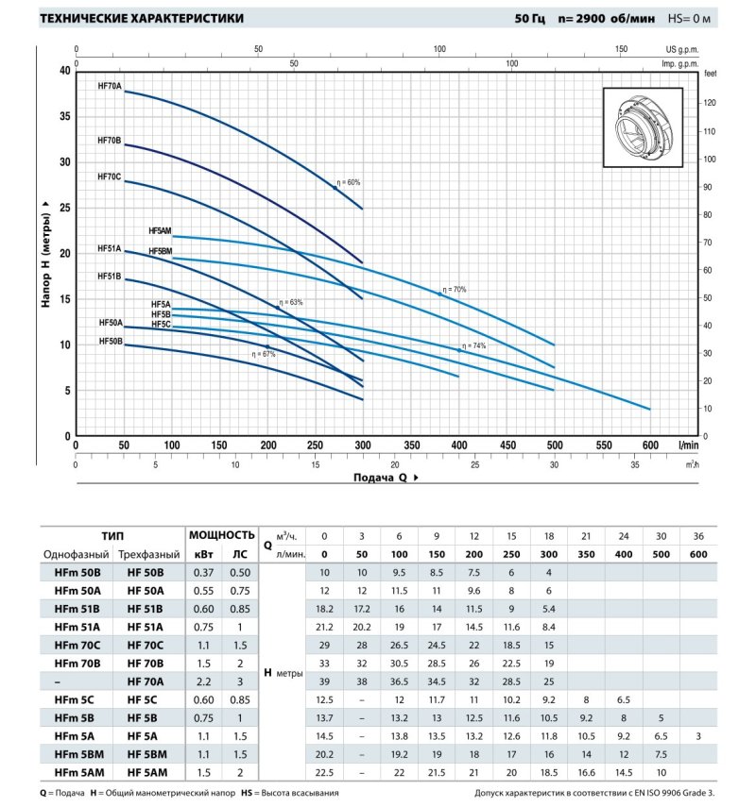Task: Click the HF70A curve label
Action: click(x=110, y=86)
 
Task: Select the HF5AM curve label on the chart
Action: click(x=160, y=230)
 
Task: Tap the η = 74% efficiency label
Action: click(x=474, y=346)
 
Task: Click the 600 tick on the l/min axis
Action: click(x=649, y=445)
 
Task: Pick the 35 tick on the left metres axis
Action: click(x=65, y=116)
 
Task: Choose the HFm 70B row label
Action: click(x=76, y=663)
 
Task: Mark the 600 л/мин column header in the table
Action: click(x=697, y=554)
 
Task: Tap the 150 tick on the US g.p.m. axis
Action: click(x=621, y=48)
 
